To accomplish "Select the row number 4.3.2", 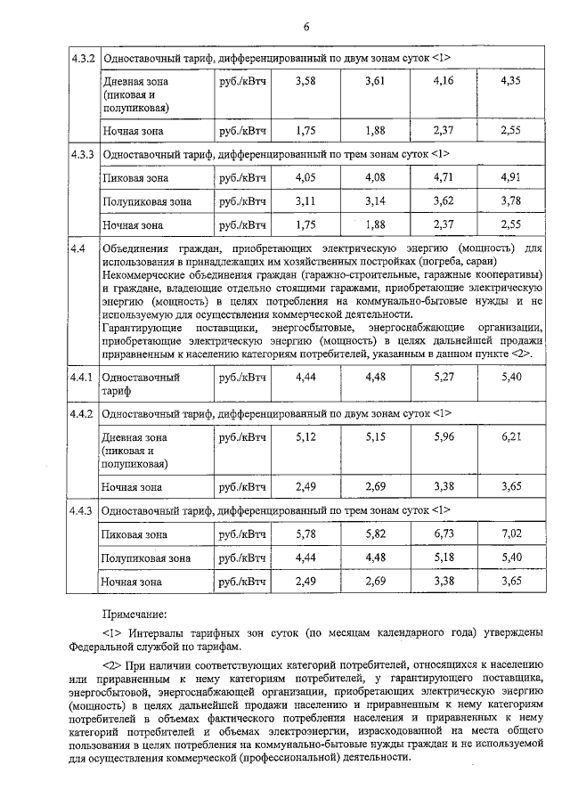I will [83, 59].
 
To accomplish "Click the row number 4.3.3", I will [83, 154].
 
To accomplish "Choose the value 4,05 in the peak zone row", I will [305, 177].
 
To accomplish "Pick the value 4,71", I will [443, 177].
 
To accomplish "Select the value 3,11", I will [305, 201].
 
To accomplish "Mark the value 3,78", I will [510, 201].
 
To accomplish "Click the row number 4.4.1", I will [83, 378].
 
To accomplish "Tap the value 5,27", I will [443, 378].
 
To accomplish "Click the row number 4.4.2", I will [83, 414].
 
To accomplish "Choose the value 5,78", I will [305, 533].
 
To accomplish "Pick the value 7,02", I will [510, 533].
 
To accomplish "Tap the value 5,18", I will [443, 558].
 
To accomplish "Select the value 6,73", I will [443, 533].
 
